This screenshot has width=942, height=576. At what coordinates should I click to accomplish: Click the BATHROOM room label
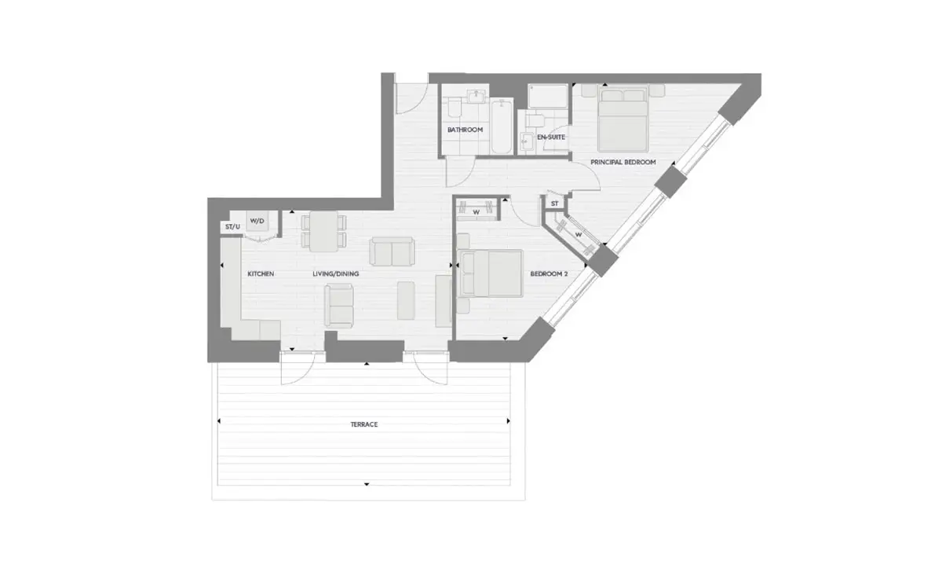465,130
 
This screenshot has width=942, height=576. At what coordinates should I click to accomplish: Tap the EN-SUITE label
551,138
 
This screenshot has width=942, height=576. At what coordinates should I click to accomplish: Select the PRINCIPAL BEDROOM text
623,162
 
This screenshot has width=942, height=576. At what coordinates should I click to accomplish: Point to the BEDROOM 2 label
549,273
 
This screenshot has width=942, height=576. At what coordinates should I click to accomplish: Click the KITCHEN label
261,273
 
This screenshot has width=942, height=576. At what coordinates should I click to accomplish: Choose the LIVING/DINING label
336,273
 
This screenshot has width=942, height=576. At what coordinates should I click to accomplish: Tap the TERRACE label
364,424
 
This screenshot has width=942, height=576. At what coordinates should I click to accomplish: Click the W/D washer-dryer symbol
257,222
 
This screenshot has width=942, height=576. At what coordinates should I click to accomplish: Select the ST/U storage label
232,227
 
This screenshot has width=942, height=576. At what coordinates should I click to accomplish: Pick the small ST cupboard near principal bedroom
555,204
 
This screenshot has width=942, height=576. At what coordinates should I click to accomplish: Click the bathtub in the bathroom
502,127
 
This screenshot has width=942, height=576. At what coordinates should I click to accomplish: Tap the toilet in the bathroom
455,108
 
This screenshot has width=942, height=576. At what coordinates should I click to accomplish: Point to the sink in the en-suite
526,141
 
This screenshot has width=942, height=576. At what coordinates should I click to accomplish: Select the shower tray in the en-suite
548,96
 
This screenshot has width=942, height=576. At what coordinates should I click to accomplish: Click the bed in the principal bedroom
623,119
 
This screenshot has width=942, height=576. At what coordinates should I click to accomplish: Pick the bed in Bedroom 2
491,273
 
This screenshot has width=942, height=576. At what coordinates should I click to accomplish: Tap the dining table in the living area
323,231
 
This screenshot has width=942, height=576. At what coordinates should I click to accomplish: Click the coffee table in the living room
406,300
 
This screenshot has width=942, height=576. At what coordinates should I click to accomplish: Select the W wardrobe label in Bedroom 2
476,213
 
